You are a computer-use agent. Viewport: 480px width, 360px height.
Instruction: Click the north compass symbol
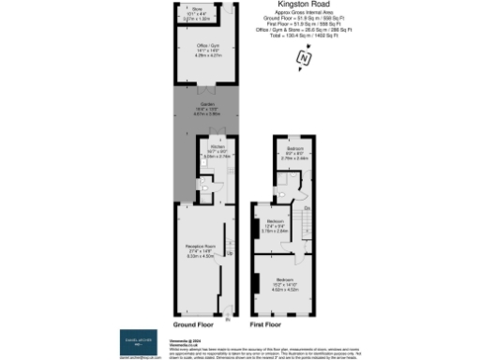[302, 58]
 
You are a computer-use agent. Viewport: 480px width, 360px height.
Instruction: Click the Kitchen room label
[216, 152]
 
